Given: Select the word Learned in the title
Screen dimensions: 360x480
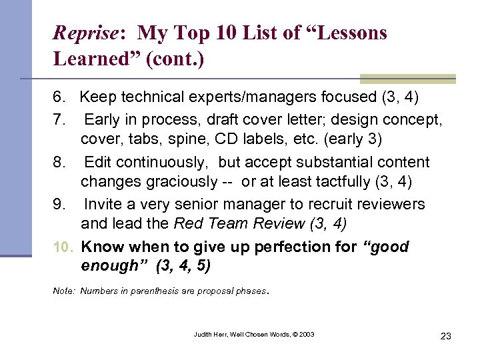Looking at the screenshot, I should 89,59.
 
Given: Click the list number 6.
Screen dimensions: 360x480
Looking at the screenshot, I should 59,97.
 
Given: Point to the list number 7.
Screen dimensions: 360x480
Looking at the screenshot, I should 59,120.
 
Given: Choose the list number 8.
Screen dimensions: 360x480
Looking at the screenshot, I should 59,162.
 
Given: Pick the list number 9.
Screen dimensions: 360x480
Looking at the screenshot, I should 59,204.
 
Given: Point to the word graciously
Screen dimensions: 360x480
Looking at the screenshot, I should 167,182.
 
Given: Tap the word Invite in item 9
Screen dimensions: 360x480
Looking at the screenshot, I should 103,204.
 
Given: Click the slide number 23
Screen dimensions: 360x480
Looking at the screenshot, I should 445,336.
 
